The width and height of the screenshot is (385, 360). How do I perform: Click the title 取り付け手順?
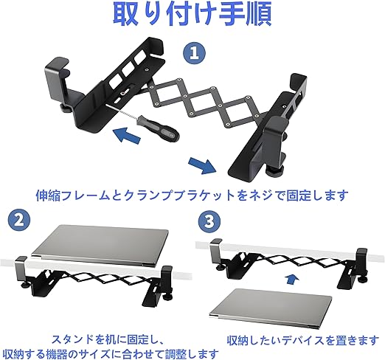tap(192, 14)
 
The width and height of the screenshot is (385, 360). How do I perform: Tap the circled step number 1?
tap(194, 53)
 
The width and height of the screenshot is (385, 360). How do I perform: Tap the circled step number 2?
tap(19, 220)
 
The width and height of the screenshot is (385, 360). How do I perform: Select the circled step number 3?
tap(209, 221)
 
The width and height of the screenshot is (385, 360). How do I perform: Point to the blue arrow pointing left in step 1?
tap(128, 135)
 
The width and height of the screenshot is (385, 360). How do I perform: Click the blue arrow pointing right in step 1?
tap(202, 165)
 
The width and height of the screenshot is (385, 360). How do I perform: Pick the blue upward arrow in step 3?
tap(292, 280)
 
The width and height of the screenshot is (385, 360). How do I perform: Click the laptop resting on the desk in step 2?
tap(100, 245)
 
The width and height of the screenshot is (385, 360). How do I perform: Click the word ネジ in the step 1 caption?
tap(261, 195)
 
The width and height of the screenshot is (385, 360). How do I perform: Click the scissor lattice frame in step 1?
tap(207, 103)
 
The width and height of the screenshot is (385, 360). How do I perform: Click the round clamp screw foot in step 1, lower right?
tap(275, 170)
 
